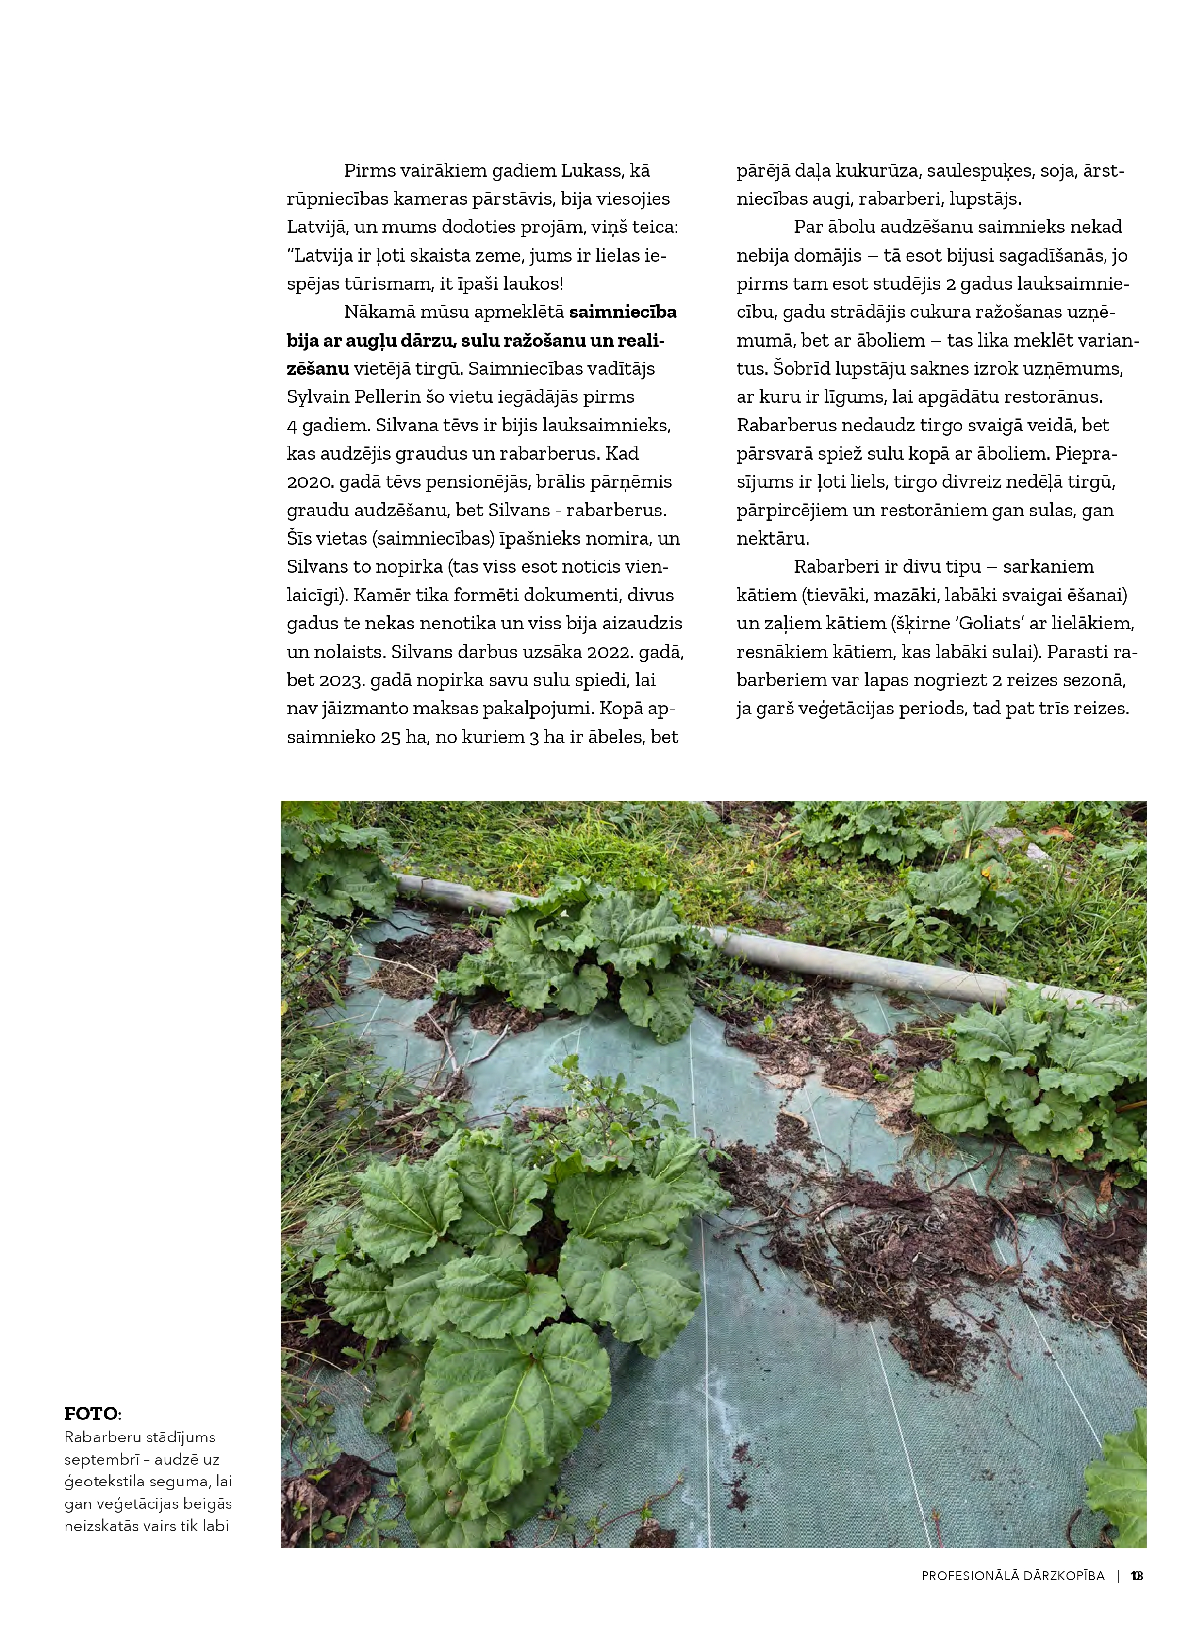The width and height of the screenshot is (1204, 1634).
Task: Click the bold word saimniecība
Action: point(623,312)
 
